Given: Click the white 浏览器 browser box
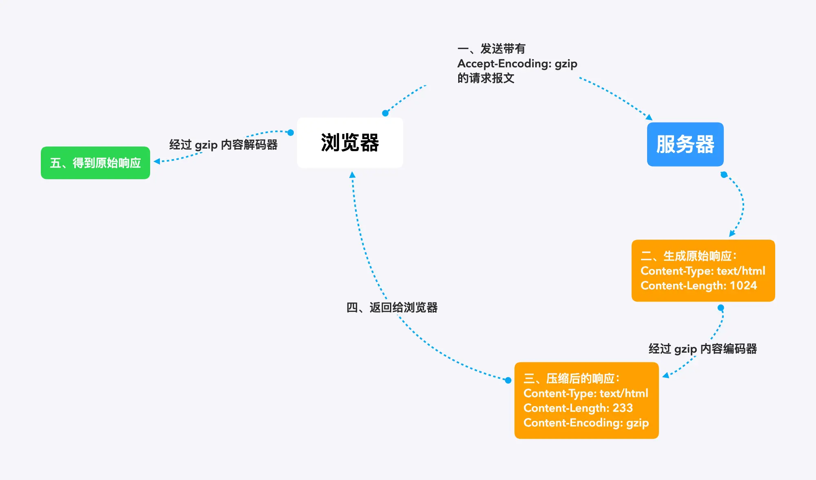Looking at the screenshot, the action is (350, 143).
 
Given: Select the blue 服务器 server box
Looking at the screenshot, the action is (685, 144).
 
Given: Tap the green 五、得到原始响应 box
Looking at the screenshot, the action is (95, 163).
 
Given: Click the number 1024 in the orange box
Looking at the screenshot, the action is (743, 285).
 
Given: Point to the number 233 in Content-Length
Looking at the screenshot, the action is (623, 408).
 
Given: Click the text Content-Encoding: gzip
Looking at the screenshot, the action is (586, 423).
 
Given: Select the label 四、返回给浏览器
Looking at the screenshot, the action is (392, 307).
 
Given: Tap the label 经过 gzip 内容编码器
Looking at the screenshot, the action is (703, 349).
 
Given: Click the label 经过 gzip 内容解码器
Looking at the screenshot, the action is (224, 145).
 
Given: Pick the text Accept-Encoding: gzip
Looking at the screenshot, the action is (517, 64).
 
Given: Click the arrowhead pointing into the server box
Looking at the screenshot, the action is (649, 118).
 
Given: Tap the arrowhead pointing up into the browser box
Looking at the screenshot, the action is (352, 175).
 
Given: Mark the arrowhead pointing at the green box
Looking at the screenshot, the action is (157, 162).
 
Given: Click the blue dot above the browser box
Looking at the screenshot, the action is (385, 113).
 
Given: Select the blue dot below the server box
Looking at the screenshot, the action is (724, 175).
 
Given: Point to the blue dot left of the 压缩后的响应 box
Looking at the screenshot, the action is (508, 380).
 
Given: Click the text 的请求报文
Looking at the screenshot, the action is (486, 78).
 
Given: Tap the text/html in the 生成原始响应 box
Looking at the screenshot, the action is (741, 271).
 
